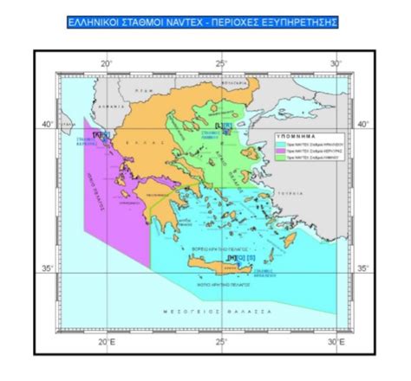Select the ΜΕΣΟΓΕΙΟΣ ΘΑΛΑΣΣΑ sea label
(x=205, y=309)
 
